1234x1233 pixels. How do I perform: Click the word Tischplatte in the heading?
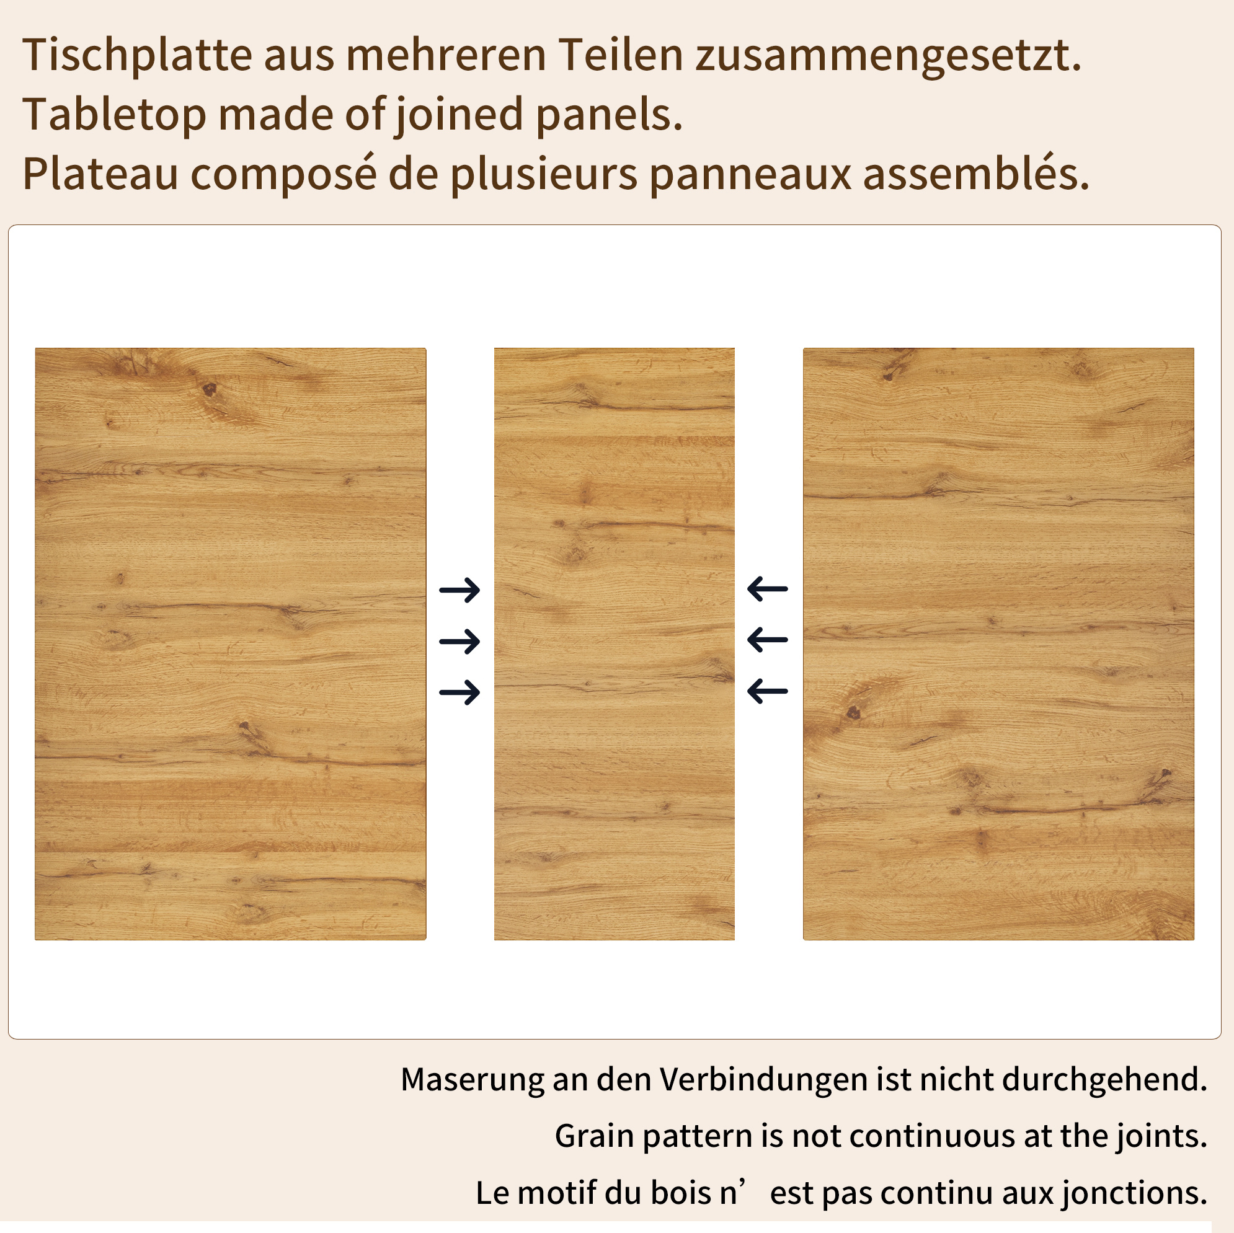click(137, 56)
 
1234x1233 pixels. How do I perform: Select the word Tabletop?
click(114, 115)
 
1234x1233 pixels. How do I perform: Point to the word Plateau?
click(100, 174)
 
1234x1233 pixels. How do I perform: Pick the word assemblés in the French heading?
click(976, 174)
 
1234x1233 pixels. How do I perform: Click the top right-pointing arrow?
click(459, 590)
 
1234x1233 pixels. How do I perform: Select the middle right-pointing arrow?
click(459, 641)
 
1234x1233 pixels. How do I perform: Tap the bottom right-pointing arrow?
click(459, 692)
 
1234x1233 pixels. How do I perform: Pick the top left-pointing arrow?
click(767, 589)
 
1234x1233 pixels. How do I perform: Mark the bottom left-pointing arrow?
click(767, 691)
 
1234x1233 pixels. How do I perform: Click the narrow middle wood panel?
click(615, 643)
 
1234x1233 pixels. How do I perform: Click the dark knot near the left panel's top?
click(210, 388)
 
